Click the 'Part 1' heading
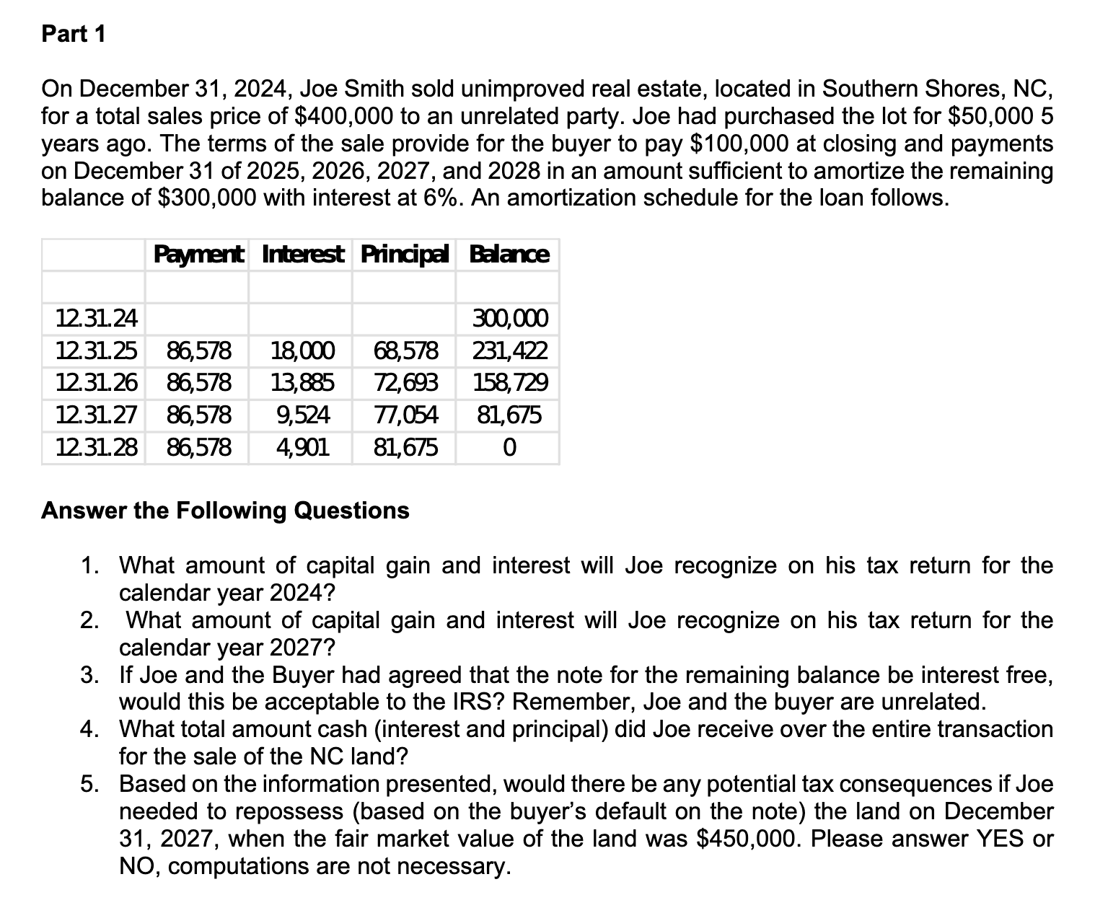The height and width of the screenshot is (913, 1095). pyautogui.click(x=74, y=34)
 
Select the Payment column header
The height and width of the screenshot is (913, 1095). pyautogui.click(x=198, y=255)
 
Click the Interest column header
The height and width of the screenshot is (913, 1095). pyautogui.click(x=302, y=255)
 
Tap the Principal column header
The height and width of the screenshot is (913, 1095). pyautogui.click(x=405, y=255)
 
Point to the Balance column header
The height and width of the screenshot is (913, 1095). pyautogui.click(x=509, y=255)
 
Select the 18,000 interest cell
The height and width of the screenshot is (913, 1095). pyautogui.click(x=302, y=351)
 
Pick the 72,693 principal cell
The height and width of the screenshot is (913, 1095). pyautogui.click(x=405, y=382)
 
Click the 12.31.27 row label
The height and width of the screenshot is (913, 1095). pyautogui.click(x=97, y=415)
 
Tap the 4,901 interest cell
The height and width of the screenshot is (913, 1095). pyautogui.click(x=303, y=448)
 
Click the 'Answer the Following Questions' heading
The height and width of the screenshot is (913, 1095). pyautogui.click(x=225, y=511)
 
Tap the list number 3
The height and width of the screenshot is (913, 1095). pyautogui.click(x=89, y=675)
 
